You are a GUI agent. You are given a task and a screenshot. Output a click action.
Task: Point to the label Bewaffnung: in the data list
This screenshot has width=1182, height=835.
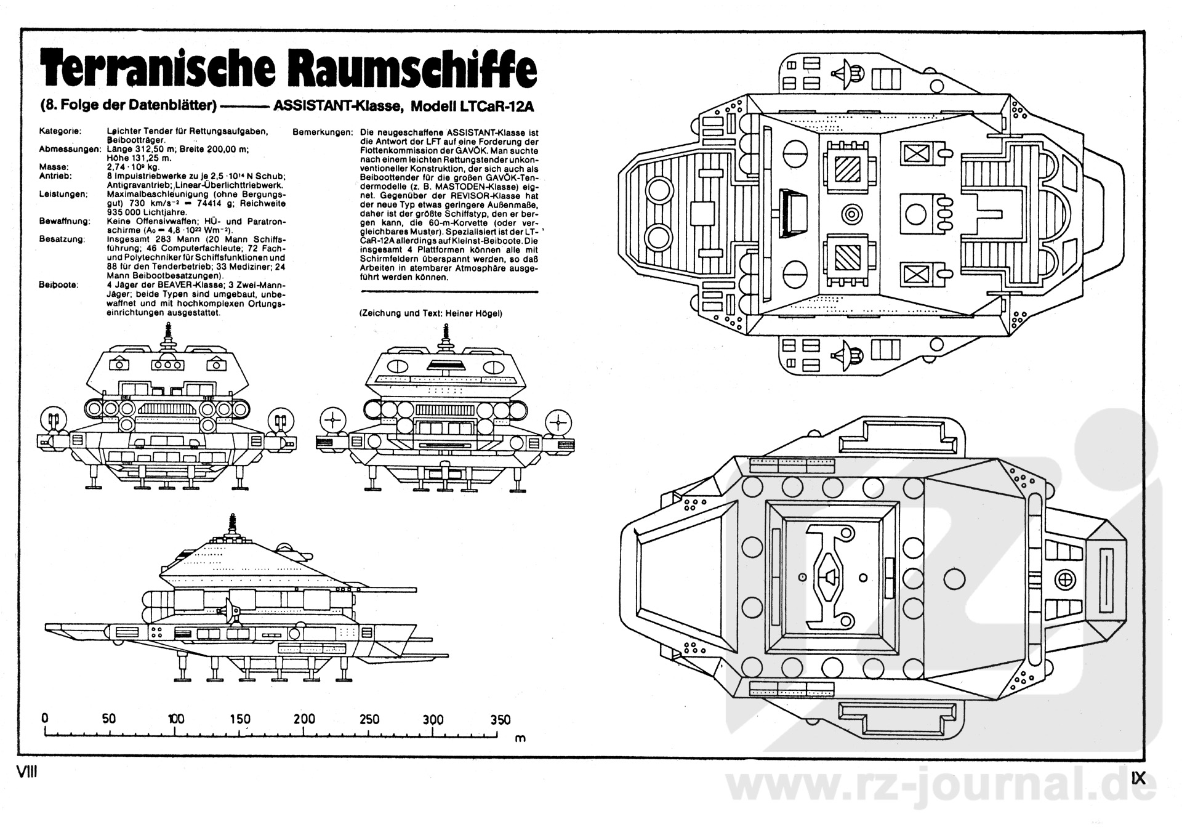(x=65, y=221)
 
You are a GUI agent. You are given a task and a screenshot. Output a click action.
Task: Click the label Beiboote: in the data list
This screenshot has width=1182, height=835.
(x=58, y=285)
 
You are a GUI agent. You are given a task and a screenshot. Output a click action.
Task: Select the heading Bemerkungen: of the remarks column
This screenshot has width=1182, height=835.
(x=323, y=132)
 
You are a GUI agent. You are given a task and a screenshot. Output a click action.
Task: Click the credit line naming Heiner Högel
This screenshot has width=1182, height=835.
(x=431, y=313)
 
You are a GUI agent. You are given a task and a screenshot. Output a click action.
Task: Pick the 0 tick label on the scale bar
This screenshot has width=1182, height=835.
(x=45, y=719)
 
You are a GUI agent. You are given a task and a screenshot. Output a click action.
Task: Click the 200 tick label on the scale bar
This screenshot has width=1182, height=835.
(x=304, y=719)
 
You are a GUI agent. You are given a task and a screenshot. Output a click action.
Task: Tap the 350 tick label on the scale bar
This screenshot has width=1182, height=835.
(x=500, y=719)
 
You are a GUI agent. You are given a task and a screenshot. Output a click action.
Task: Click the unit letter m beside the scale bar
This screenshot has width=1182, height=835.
(x=520, y=738)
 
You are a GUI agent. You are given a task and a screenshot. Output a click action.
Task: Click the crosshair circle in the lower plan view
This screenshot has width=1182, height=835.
(x=1064, y=578)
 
